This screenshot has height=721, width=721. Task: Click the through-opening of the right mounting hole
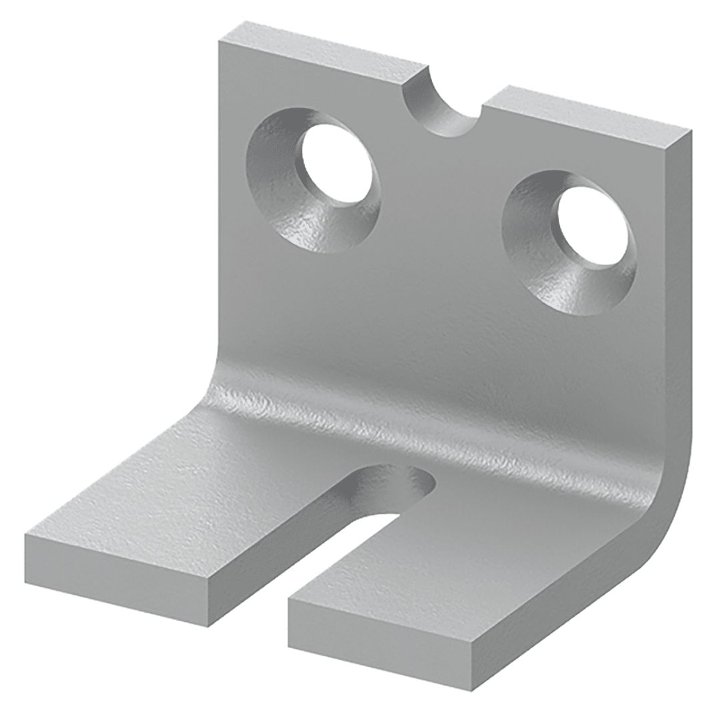(591, 231)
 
